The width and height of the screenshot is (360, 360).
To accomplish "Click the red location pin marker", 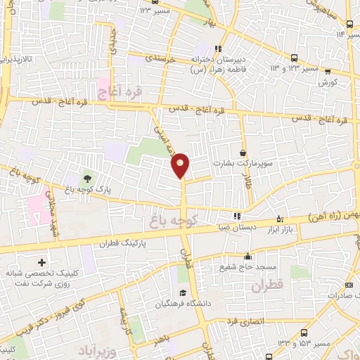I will click(x=181, y=165).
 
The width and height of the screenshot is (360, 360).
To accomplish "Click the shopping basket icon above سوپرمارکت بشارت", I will click(x=243, y=153).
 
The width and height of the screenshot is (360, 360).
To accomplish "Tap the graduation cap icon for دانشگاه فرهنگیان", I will click(x=183, y=293).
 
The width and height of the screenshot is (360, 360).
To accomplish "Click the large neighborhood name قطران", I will click(x=265, y=285).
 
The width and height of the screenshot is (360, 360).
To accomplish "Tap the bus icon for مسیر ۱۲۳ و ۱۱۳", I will click(x=293, y=58).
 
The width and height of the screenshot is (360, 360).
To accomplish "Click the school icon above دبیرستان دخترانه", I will click(x=218, y=49).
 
